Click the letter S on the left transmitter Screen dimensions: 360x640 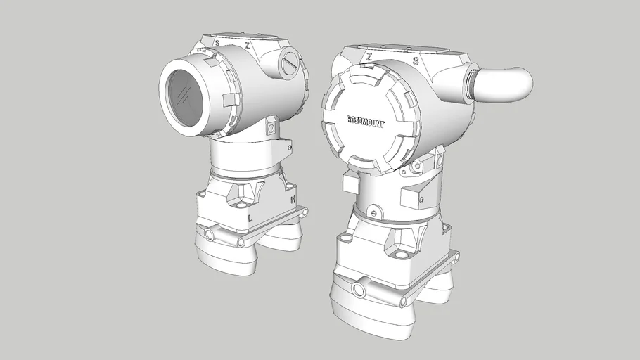click(217, 44)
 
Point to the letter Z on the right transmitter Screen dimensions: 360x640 click(369, 56)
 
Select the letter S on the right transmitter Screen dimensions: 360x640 click(416, 60)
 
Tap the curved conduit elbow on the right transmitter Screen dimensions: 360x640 click(506, 83)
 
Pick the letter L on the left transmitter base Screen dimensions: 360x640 click(250, 218)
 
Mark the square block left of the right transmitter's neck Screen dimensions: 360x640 click(350, 182)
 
